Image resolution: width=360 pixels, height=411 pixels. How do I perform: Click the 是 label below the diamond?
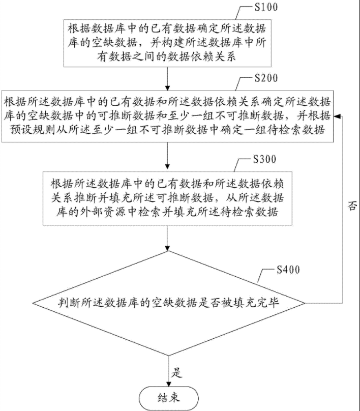pos(177,372)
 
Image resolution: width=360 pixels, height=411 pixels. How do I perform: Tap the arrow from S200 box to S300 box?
pos(167,156)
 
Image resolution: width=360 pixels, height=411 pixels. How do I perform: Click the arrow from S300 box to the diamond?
pos(167,239)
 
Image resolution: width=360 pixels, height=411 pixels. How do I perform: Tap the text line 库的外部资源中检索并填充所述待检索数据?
pos(167,211)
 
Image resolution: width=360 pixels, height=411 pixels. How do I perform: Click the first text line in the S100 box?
pos(167,26)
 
